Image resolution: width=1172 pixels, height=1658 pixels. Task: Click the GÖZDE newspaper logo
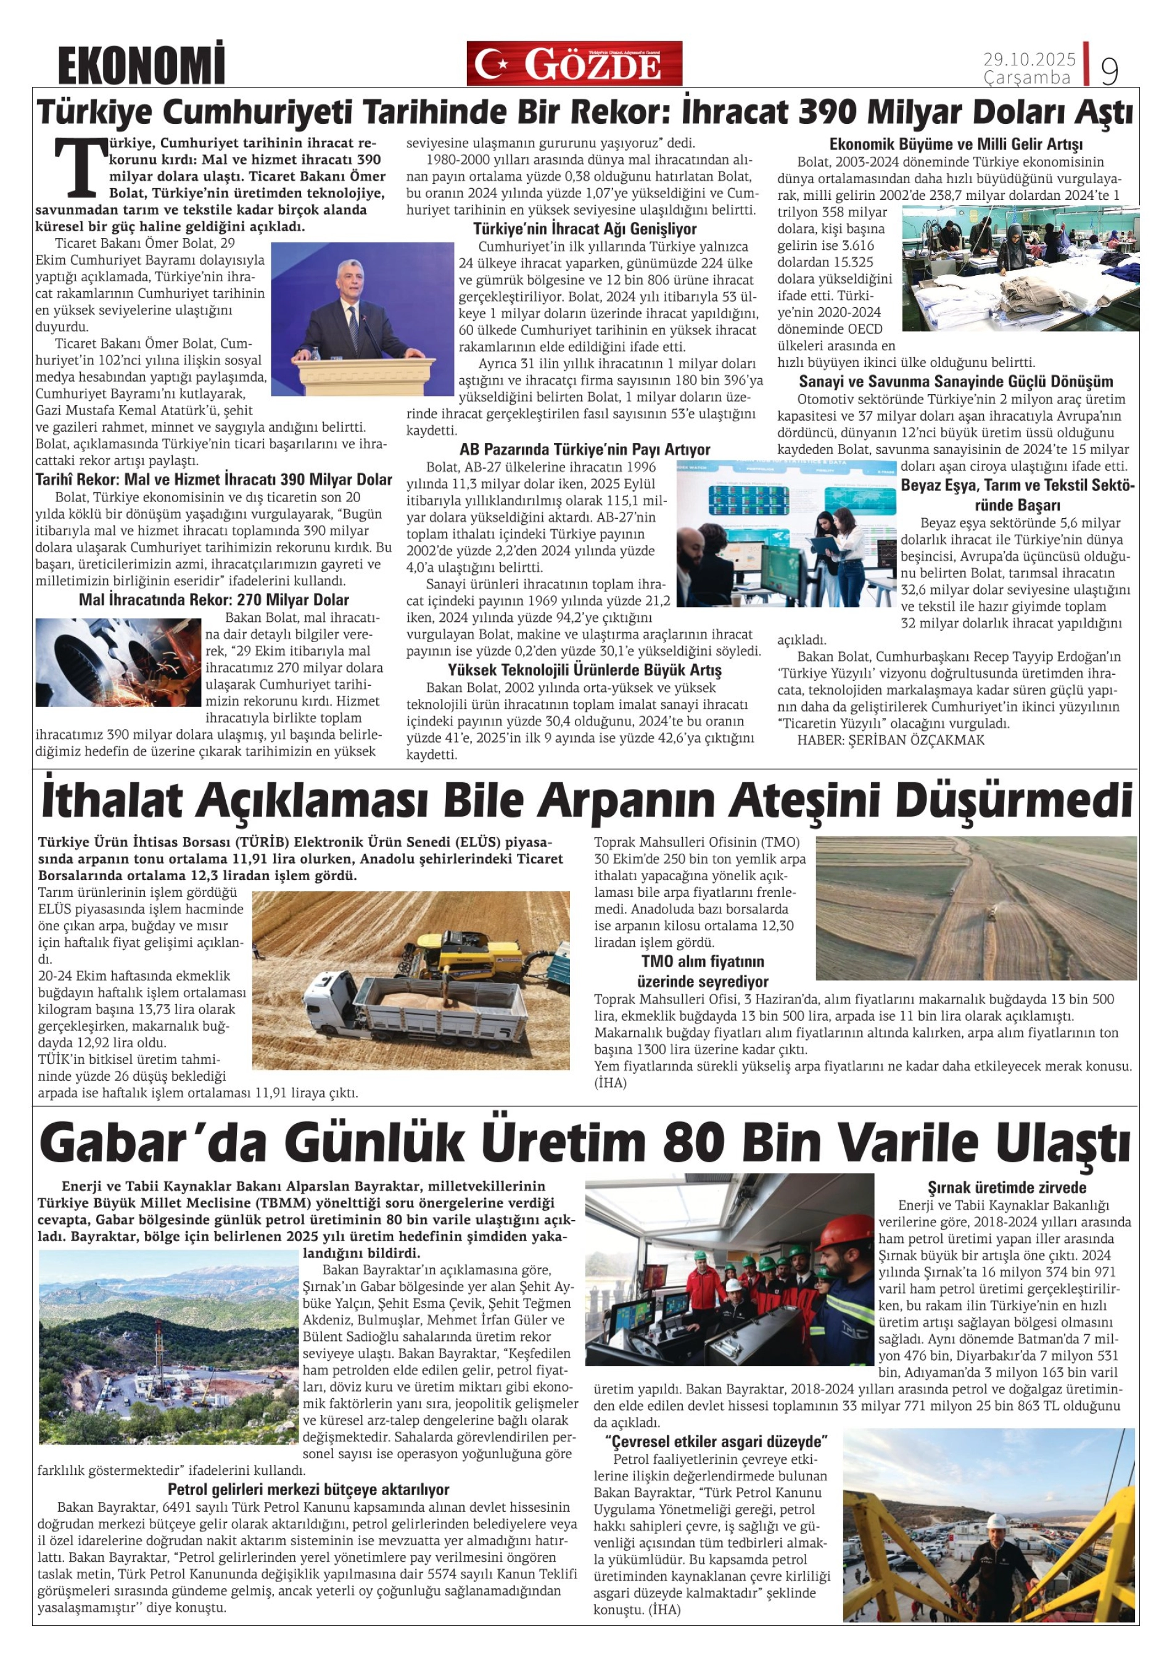[x=574, y=64]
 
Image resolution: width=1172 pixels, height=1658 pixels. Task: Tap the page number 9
[x=1109, y=70]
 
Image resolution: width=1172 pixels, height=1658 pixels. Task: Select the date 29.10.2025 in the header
[x=1029, y=59]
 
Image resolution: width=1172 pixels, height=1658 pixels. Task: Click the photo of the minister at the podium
[x=362, y=318]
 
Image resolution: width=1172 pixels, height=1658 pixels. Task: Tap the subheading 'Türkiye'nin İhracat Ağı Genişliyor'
[x=585, y=229]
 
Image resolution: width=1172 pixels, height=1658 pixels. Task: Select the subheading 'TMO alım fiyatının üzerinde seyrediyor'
[x=703, y=971]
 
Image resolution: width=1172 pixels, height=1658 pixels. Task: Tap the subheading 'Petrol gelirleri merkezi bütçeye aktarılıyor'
[x=308, y=1489]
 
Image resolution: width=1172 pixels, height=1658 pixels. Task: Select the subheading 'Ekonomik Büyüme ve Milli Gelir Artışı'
[x=955, y=144]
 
